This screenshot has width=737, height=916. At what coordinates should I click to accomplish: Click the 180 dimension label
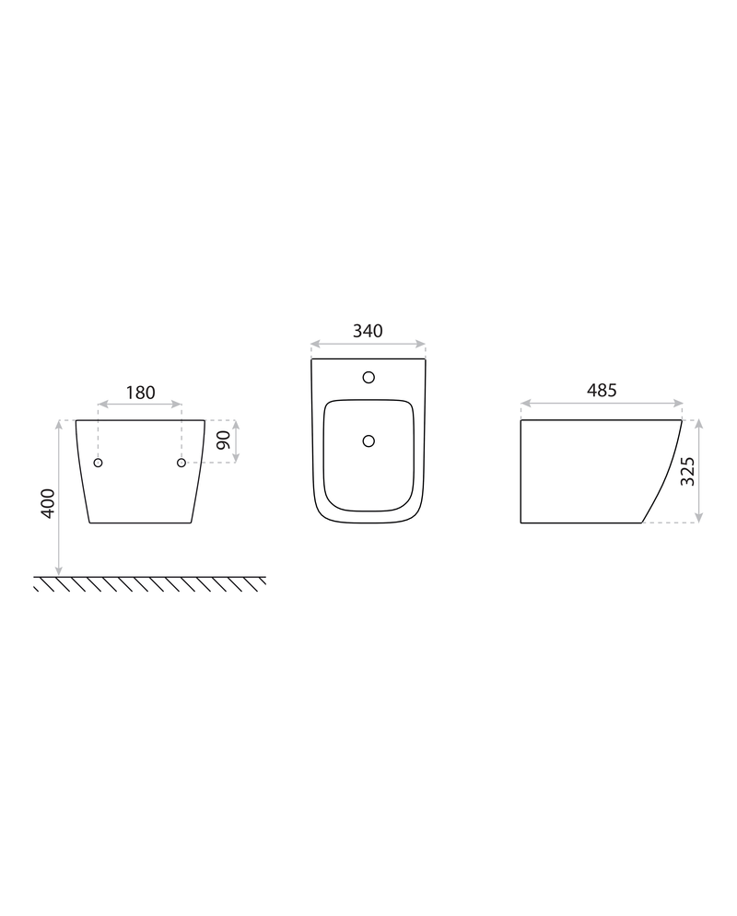[141, 393]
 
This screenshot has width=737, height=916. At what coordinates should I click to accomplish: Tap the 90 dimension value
[224, 440]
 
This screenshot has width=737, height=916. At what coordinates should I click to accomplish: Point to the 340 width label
[368, 331]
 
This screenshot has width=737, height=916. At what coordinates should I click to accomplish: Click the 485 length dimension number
[602, 390]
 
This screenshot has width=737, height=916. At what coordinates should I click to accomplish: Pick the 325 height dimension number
[688, 472]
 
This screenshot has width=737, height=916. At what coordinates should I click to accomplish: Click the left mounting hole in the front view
[98, 463]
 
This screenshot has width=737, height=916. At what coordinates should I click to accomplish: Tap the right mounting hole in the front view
[181, 463]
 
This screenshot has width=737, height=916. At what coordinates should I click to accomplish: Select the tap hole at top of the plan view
[368, 378]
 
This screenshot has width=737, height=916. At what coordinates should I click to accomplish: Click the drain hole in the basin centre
[368, 440]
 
